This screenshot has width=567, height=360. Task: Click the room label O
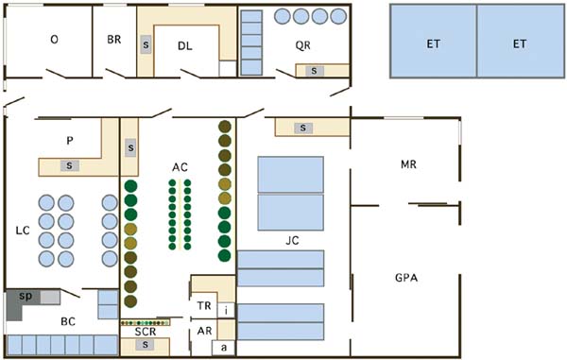(54, 39)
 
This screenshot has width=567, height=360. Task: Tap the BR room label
(114, 40)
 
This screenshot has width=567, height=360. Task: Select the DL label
(185, 46)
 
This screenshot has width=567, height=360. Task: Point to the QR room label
(302, 45)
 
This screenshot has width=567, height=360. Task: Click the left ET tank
(433, 42)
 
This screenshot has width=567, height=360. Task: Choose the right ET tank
(521, 42)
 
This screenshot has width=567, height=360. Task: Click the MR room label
(408, 164)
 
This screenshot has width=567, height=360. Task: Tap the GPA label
(406, 278)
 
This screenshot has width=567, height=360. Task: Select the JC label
(292, 240)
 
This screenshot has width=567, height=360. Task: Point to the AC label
(180, 167)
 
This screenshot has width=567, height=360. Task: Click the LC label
(23, 231)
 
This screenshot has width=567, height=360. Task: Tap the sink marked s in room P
(69, 165)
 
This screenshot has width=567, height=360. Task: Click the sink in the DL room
(146, 44)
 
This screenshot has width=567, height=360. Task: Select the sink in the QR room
(314, 71)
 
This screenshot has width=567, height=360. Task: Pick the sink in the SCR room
(145, 345)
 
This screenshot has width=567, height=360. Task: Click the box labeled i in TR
(226, 310)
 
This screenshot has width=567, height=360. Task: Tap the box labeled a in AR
(224, 348)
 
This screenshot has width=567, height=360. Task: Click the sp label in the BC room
(26, 296)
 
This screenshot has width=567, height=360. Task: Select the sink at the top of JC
(303, 128)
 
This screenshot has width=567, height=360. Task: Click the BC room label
(68, 321)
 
